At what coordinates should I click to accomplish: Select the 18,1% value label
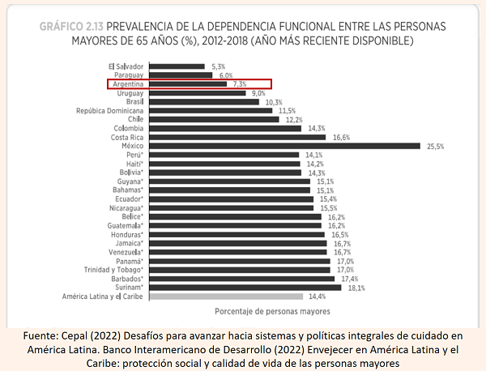pos(356,288)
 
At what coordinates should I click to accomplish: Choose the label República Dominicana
pos(111,110)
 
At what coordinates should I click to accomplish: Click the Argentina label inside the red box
pos(129,83)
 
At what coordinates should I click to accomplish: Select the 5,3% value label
pos(217,66)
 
